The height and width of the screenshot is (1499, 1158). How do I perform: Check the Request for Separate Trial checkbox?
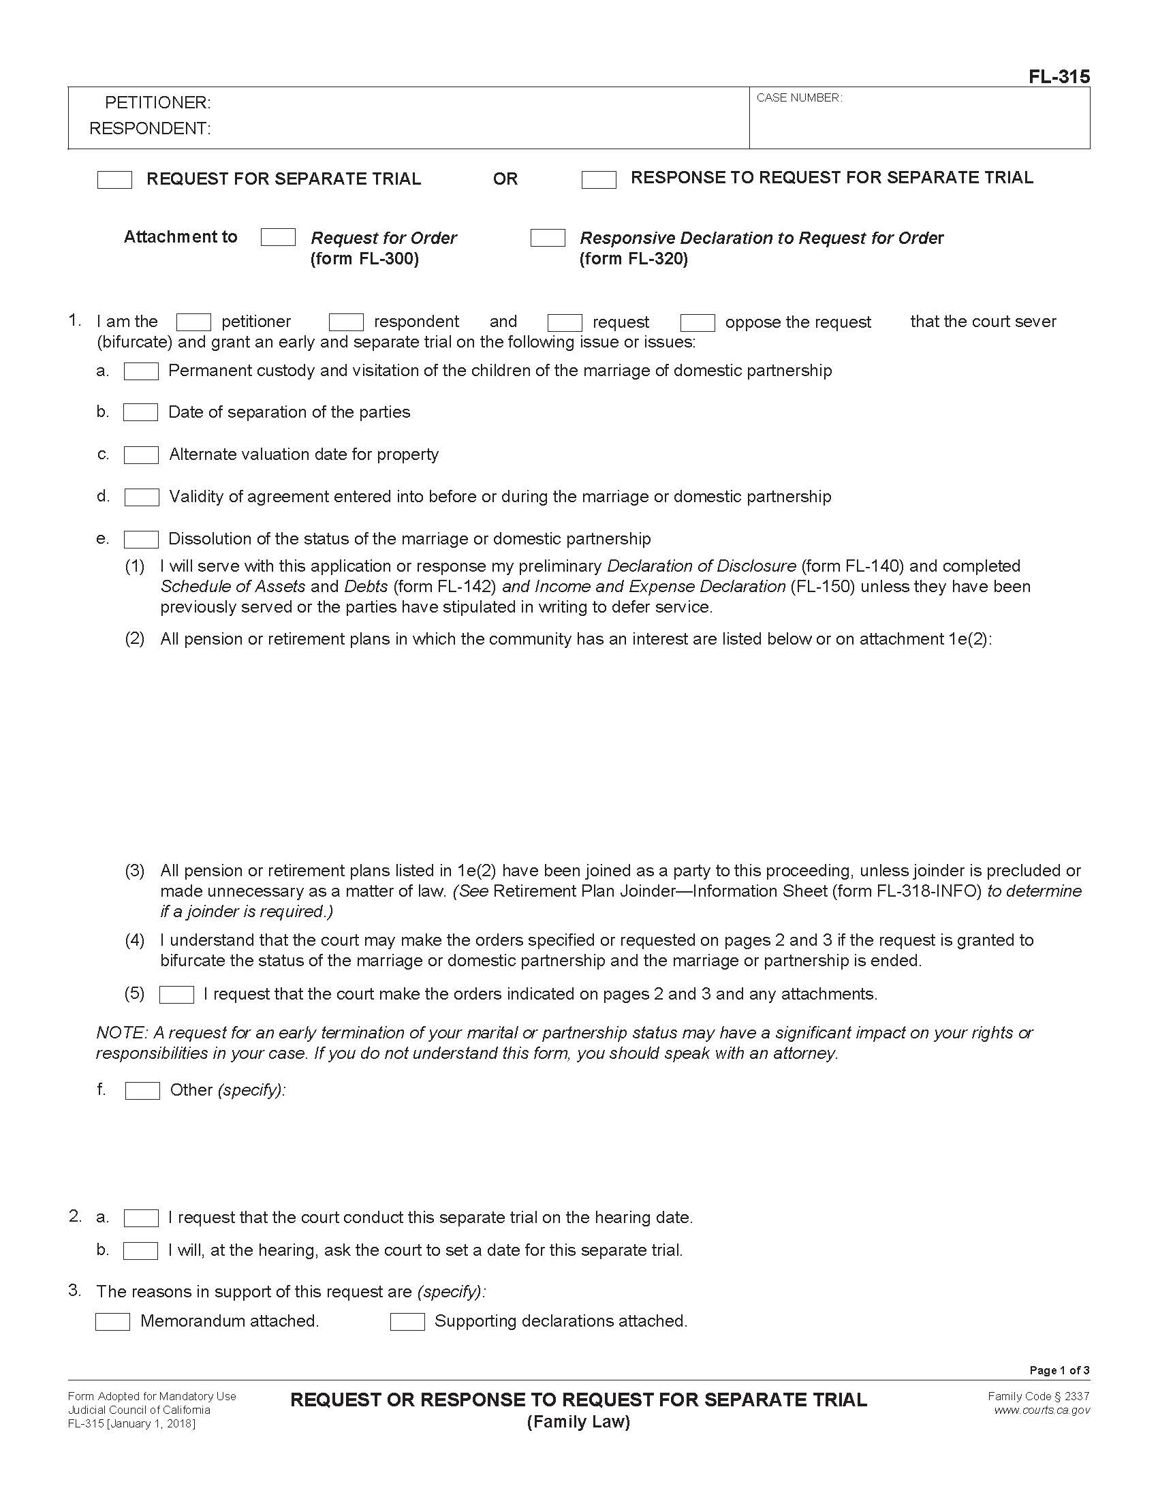114,180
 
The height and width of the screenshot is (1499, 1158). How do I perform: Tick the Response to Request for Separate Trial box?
598,180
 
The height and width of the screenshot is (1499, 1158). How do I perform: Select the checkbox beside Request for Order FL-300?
278,238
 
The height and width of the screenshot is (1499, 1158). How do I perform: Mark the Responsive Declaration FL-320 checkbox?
548,238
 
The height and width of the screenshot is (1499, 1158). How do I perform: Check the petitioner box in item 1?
193,322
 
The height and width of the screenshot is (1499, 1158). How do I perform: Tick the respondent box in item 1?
346,322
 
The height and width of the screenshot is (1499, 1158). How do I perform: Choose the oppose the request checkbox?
697,322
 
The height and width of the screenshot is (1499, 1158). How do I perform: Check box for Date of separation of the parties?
140,412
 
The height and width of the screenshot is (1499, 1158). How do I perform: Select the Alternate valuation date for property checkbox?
140,455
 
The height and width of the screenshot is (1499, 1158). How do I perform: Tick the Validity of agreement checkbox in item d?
141,497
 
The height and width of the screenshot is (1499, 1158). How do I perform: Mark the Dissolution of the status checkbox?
140,540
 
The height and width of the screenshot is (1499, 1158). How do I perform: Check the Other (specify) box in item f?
142,1091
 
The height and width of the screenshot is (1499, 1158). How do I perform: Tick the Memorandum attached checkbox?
112,1322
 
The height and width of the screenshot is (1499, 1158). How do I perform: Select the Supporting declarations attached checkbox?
407,1322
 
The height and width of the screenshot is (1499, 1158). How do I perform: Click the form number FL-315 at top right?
1059,77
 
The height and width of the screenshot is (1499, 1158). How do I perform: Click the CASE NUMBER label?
798,98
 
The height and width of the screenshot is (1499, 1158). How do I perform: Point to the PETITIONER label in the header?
158,103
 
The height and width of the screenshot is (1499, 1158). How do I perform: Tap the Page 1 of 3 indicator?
1059,1371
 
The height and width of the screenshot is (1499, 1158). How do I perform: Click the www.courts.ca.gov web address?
1042,1410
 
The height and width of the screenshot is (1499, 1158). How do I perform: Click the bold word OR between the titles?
505,179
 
